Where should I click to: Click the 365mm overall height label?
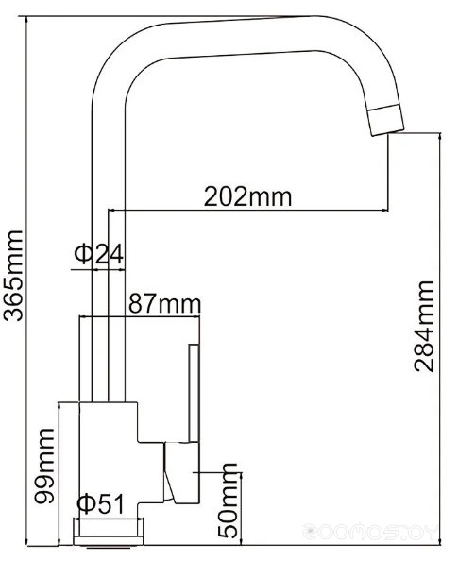pos(13,276)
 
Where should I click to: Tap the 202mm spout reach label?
pos(247,196)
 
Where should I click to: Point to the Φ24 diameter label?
pos(99,254)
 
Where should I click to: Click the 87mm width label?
pos(164,304)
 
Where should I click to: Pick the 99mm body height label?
pos(44,466)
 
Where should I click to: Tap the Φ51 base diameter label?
pos(100,504)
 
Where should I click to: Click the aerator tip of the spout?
pos(386,120)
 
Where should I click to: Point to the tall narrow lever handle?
pos(194,393)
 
